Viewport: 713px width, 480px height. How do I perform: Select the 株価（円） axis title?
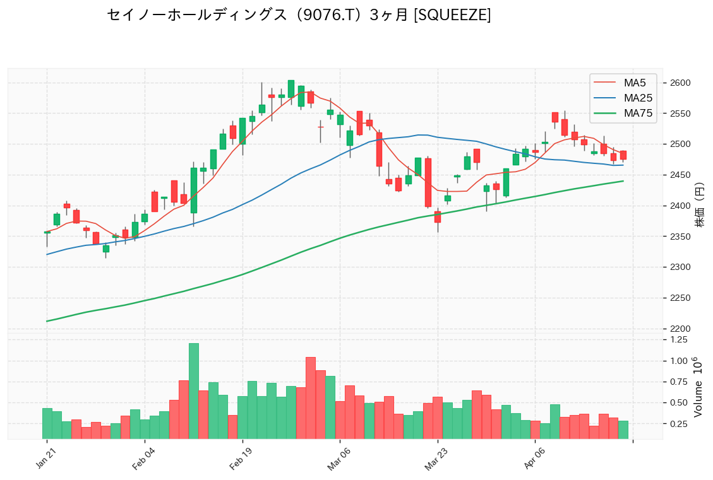coord(699,206)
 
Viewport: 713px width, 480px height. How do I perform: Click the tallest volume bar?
coord(194,391)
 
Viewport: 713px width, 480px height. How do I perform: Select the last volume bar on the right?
coord(623,430)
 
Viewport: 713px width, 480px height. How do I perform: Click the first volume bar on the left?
coord(47,423)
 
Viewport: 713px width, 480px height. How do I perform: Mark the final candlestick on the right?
coord(623,155)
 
